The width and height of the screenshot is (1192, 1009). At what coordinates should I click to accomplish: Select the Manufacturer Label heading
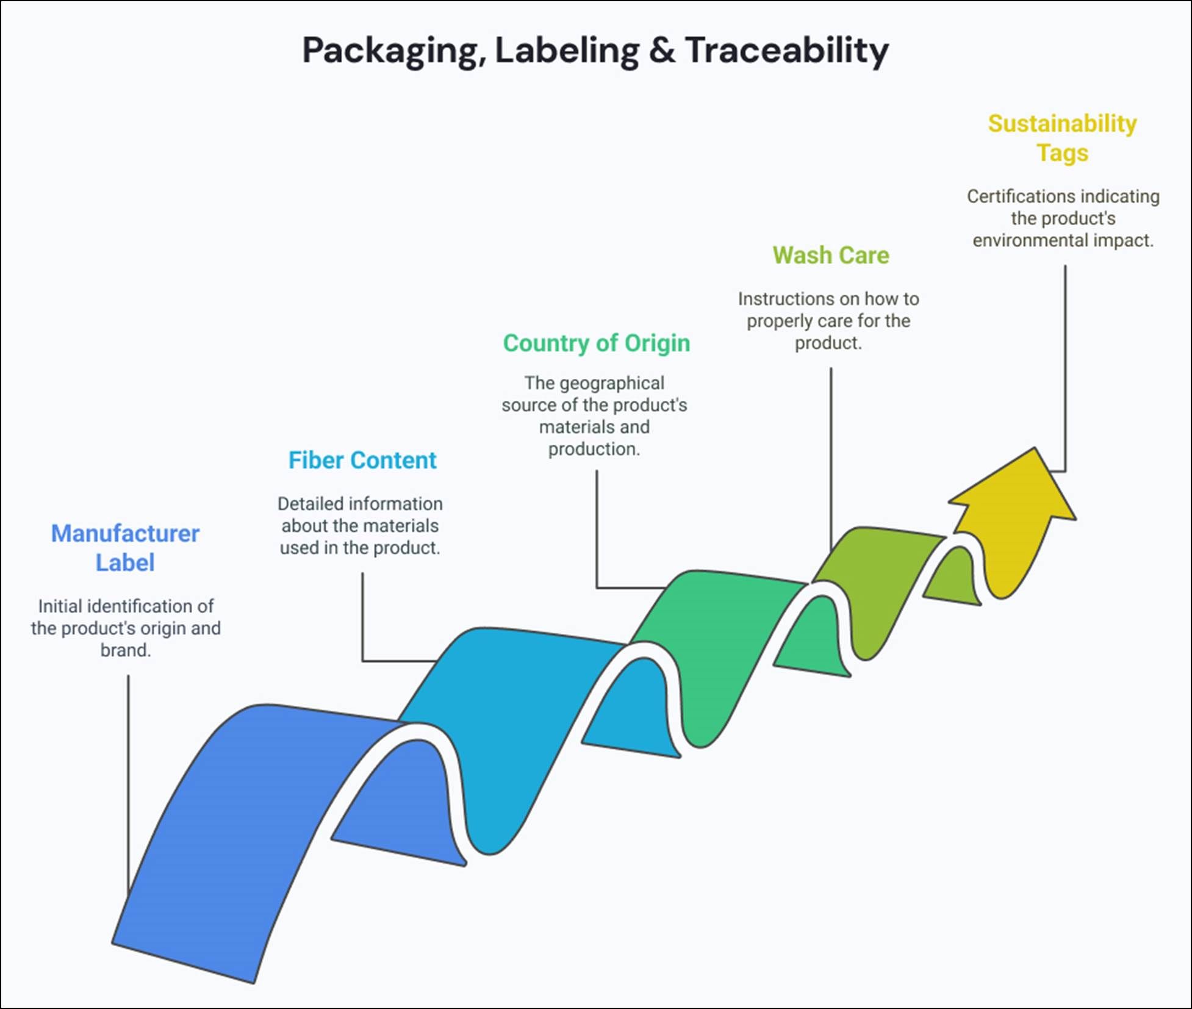[125, 548]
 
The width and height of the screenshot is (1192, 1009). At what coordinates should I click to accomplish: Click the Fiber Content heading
[362, 460]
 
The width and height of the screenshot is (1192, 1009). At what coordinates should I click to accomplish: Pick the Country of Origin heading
[596, 343]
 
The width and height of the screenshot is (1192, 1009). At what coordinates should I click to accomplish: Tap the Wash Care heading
[830, 255]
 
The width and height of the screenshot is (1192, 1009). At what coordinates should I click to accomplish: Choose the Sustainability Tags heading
[1062, 138]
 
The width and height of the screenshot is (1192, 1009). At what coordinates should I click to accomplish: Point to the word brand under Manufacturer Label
[124, 650]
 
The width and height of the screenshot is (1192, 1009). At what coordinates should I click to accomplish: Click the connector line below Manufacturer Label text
[128, 781]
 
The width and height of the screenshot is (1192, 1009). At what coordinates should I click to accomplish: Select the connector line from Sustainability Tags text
[1065, 366]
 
